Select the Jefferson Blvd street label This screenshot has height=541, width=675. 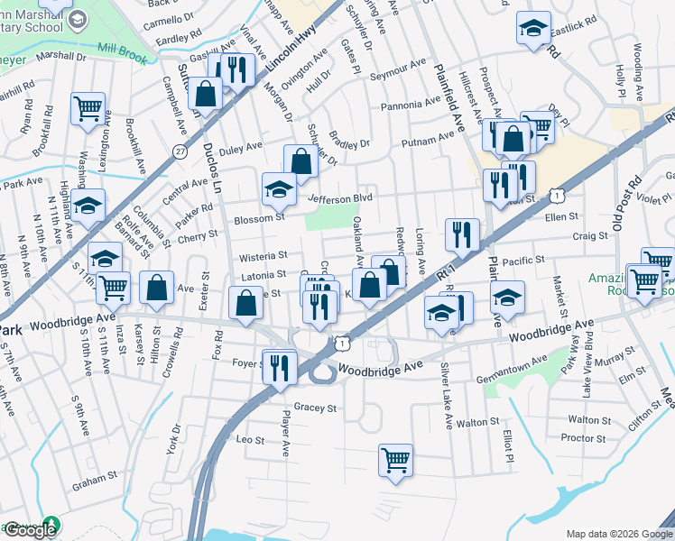pyautogui.click(x=340, y=198)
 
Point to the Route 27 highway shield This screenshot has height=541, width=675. pyautogui.click(x=181, y=151)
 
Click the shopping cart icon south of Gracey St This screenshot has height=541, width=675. pyautogui.click(x=395, y=459)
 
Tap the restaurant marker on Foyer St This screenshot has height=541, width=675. pyautogui.click(x=279, y=367)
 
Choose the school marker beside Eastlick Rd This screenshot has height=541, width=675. pyautogui.click(x=533, y=28)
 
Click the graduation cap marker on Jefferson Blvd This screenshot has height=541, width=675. pyautogui.click(x=279, y=189)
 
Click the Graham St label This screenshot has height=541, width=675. pyautogui.click(x=95, y=480)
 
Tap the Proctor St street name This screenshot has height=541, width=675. pyautogui.click(x=582, y=438)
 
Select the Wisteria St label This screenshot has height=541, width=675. pyautogui.click(x=262, y=256)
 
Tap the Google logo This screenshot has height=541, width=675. pyautogui.click(x=31, y=530)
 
